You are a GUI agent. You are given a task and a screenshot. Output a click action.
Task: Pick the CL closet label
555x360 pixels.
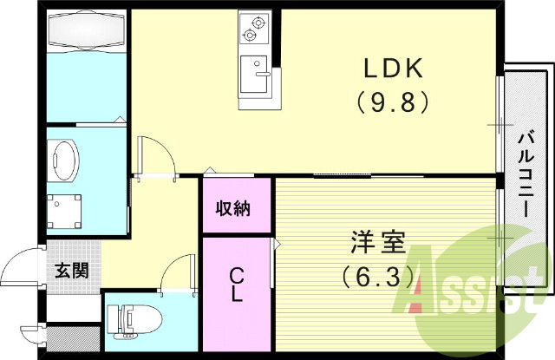click(236, 285)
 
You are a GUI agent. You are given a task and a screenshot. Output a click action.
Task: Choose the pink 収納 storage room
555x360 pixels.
click(237, 205)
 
